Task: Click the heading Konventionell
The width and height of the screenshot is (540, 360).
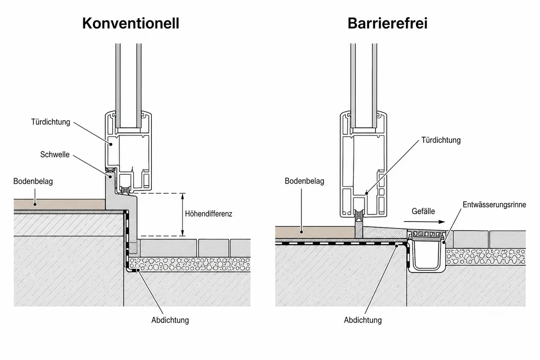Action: tap(131, 23)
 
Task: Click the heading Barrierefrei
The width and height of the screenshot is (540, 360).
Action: tap(387, 23)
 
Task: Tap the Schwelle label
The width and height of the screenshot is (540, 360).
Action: tap(55, 154)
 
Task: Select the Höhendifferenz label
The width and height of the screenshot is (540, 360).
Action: tap(208, 214)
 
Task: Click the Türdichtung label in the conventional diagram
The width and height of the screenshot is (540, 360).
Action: tap(51, 122)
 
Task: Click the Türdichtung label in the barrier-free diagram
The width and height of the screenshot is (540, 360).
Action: tap(441, 140)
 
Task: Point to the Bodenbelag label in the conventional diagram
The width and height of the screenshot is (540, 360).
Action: tap(33, 181)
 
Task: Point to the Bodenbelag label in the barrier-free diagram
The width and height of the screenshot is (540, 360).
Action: tap(304, 181)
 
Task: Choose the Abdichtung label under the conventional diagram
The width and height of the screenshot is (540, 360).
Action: tap(170, 320)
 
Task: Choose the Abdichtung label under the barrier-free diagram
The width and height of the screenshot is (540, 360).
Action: tap(362, 320)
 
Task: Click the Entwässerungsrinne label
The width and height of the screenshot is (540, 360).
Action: tap(494, 205)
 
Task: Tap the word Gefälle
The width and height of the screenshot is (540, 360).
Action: tap(423, 211)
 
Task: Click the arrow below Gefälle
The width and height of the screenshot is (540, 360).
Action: tap(424, 222)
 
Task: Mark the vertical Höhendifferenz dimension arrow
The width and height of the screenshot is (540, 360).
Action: tap(183, 214)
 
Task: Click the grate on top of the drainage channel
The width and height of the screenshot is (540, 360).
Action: tap(426, 234)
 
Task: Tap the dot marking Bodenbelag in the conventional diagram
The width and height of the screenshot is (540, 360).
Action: tap(35, 204)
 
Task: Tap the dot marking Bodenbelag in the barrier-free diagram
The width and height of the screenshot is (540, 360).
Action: tap(301, 232)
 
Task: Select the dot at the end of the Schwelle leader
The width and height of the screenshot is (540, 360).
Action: tap(111, 177)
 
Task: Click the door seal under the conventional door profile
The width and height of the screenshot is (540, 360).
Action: tap(125, 190)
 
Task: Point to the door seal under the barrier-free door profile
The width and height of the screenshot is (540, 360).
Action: tap(359, 215)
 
